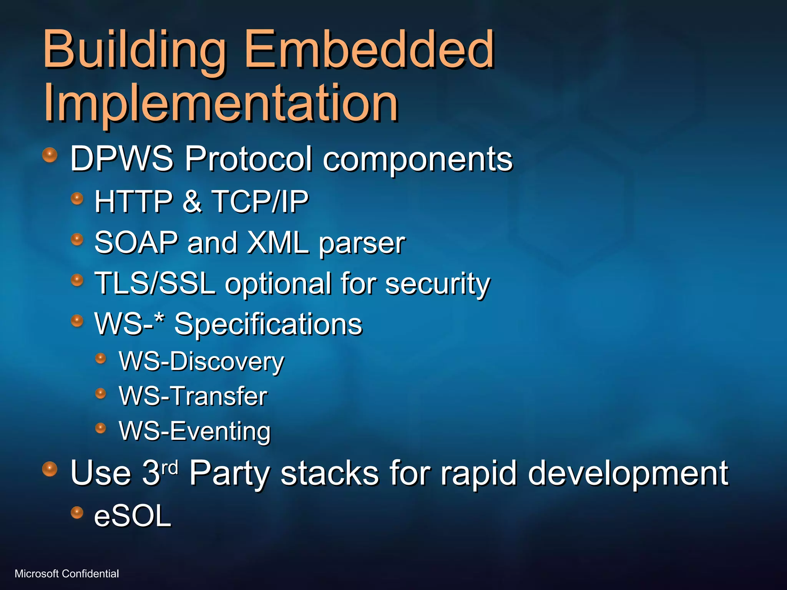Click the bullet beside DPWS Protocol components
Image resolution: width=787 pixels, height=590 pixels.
[50, 155]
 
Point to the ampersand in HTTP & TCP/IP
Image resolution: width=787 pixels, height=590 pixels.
[192, 201]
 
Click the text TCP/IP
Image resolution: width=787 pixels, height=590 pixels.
[260, 201]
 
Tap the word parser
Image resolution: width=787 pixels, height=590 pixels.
[362, 244]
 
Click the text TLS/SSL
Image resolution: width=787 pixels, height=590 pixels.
[155, 283]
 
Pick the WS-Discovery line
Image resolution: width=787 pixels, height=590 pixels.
[201, 362]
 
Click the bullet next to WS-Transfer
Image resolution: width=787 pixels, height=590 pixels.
[100, 393]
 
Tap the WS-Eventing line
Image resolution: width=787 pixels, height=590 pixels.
[195, 431]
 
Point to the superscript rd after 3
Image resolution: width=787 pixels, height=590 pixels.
[169, 468]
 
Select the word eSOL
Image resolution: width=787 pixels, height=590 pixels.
[133, 516]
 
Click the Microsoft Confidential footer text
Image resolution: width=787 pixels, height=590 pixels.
[66, 573]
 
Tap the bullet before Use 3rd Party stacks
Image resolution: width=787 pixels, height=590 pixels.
[50, 469]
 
